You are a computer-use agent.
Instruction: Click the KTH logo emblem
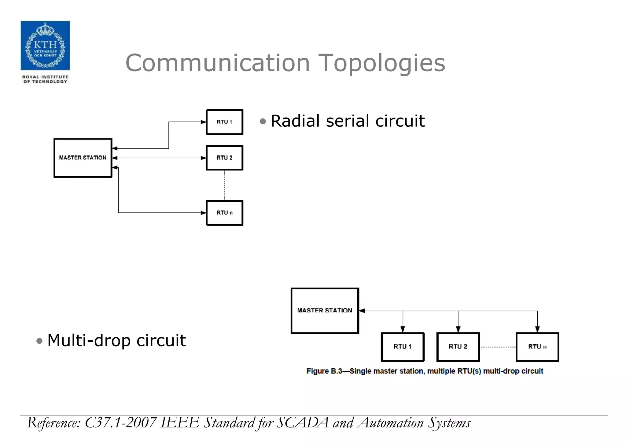click(x=45, y=45)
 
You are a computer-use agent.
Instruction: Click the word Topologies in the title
click(x=381, y=63)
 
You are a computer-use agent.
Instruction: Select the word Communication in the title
click(x=218, y=63)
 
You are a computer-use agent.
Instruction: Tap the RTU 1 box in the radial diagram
click(x=225, y=122)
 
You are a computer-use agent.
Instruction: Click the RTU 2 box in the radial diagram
click(x=225, y=158)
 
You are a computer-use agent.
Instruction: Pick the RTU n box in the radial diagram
click(x=225, y=213)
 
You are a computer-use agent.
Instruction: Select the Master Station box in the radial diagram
click(x=83, y=158)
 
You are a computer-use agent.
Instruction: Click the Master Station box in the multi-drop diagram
click(x=325, y=310)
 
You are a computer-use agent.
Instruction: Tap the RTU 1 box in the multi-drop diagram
click(x=403, y=347)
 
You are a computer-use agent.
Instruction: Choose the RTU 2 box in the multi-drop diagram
click(x=458, y=347)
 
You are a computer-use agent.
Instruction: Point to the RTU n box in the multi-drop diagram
click(x=537, y=347)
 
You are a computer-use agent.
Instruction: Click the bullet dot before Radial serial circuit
click(x=263, y=121)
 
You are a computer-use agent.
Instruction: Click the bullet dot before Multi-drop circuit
click(x=39, y=341)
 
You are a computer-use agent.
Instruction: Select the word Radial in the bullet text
click(x=296, y=121)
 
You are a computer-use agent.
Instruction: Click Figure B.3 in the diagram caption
click(x=324, y=371)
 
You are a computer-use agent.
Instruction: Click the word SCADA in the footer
click(x=303, y=423)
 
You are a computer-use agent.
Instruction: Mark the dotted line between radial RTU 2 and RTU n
click(x=225, y=185)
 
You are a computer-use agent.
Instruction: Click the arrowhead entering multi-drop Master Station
click(x=362, y=311)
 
